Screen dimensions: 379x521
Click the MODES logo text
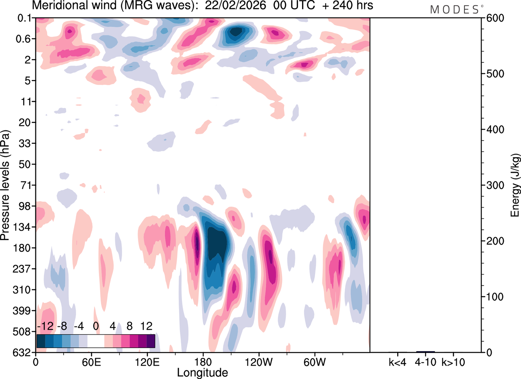(x=454, y=10)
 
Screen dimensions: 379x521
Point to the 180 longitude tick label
(x=203, y=361)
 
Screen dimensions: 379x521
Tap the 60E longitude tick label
(x=91, y=361)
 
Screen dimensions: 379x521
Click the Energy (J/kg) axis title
(x=515, y=185)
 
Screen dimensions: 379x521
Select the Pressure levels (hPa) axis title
(x=5, y=185)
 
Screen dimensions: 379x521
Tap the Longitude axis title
(x=202, y=372)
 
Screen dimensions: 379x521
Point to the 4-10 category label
(x=425, y=361)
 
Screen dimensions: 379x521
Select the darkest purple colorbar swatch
(x=151, y=341)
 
